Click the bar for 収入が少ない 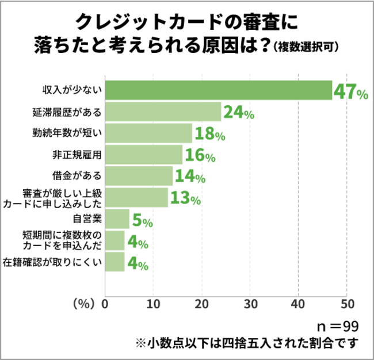click(219, 90)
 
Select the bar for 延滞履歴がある click(163, 112)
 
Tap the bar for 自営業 click(117, 219)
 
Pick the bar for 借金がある click(139, 176)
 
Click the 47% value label click(351, 92)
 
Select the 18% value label click(210, 135)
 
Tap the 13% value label click(186, 199)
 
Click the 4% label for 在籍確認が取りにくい click(138, 264)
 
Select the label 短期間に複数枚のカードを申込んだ click(62, 240)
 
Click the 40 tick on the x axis click(298, 303)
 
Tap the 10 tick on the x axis click(153, 303)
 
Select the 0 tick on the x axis click(105, 303)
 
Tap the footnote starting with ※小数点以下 click(247, 343)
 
